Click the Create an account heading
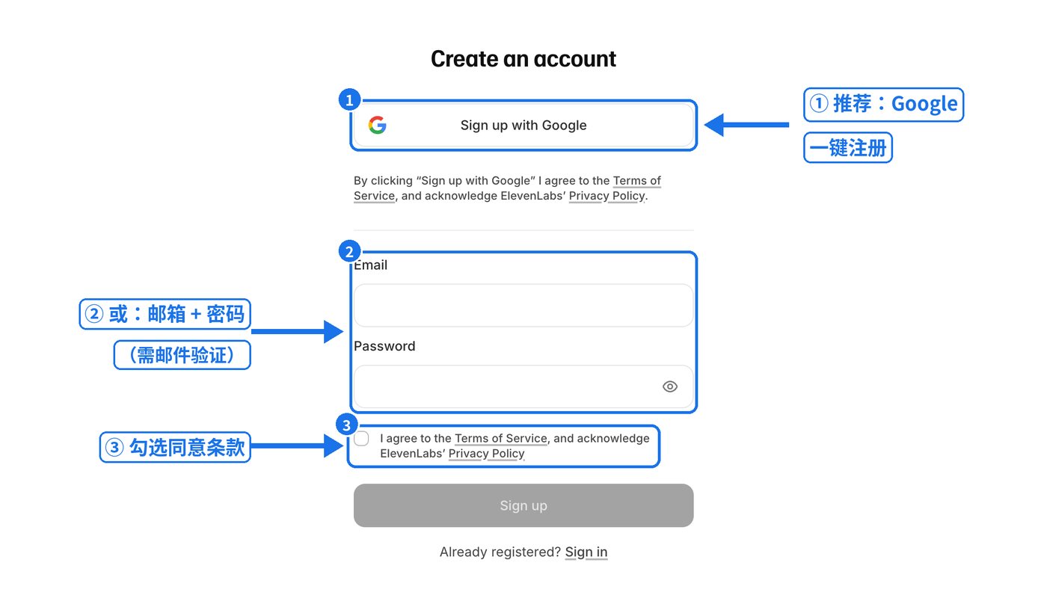[523, 59]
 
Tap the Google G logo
[377, 126]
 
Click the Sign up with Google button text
[523, 126]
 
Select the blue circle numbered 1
[349, 99]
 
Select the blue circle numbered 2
[349, 251]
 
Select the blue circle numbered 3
[347, 425]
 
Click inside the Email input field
[523, 306]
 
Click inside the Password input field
[505, 386]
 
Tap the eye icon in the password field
[670, 386]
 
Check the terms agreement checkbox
[361, 439]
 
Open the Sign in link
[586, 552]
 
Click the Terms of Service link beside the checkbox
[500, 438]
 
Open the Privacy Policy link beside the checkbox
[486, 454]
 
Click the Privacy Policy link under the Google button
[607, 196]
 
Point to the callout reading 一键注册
[848, 148]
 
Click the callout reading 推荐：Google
[883, 104]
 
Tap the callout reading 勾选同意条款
[175, 447]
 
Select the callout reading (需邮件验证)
[182, 355]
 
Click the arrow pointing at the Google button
[746, 125]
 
